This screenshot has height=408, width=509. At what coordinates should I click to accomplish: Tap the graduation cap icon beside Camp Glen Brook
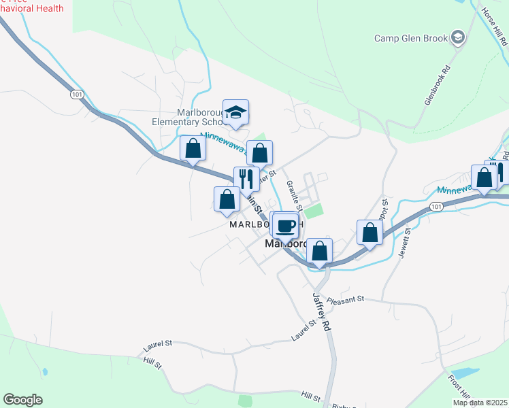coord(459,37)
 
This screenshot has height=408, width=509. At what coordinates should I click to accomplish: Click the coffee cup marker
coord(286,226)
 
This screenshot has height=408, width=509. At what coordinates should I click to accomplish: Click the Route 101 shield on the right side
coord(436,206)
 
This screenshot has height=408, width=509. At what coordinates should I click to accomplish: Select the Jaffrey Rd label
coord(321,313)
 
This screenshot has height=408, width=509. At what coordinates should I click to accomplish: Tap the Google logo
coord(22,400)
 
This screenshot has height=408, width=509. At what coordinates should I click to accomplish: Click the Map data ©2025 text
coord(479,402)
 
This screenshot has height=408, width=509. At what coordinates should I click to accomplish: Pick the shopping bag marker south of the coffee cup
coord(319,251)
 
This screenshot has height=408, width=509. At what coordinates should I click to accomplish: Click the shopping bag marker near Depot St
coord(370,233)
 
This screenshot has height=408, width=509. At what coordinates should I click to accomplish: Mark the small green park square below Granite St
coord(312,211)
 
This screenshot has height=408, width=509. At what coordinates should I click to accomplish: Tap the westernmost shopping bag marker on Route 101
coord(193,148)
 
